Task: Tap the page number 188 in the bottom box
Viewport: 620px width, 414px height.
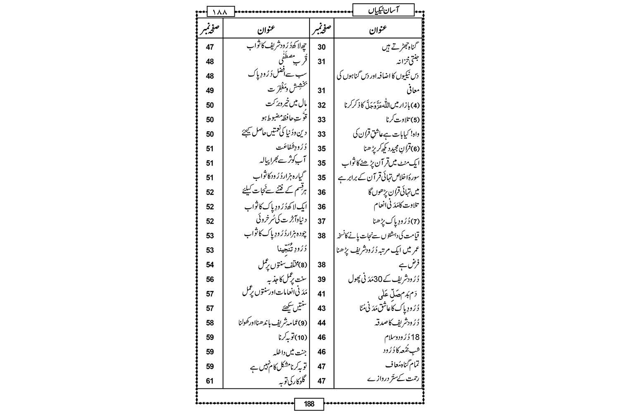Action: point(310,404)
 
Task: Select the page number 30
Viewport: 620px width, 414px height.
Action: point(322,47)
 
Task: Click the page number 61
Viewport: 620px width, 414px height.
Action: point(210,380)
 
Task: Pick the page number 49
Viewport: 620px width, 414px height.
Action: point(210,91)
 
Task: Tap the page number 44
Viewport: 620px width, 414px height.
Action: point(322,323)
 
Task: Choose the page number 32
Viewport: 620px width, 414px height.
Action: point(322,105)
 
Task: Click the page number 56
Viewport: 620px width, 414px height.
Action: point(210,279)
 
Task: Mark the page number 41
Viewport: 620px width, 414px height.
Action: point(322,294)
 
